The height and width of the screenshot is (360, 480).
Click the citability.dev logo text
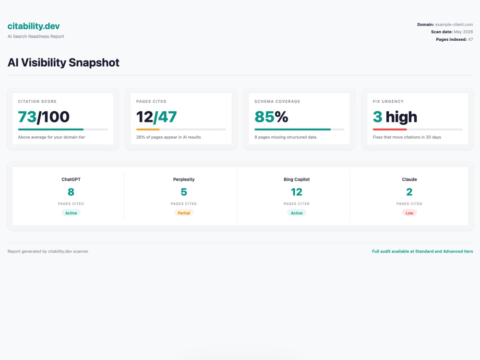tap(34, 26)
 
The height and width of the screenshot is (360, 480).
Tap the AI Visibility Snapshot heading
tap(63, 62)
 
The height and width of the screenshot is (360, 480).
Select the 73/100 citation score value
tap(44, 117)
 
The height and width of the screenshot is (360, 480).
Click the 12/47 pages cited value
tap(156, 117)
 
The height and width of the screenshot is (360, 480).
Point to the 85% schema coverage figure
tap(271, 117)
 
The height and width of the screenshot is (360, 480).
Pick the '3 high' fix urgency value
tap(395, 117)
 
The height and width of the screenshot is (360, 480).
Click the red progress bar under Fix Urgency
tap(390, 130)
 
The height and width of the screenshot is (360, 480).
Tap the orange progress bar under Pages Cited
tap(148, 130)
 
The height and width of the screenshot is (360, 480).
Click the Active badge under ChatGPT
tap(71, 213)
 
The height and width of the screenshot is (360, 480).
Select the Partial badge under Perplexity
tap(184, 213)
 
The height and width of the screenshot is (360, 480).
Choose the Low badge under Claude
tap(409, 213)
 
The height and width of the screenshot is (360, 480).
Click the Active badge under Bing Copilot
tap(297, 213)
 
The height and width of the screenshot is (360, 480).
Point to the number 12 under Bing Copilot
tap(297, 192)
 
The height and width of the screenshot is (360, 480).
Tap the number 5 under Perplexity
tap(184, 192)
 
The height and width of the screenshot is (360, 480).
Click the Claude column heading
tap(409, 180)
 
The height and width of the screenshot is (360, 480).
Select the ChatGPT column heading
tap(71, 180)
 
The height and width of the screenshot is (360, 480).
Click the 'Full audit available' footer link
tap(422, 252)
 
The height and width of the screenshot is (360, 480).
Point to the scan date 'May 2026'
tap(464, 32)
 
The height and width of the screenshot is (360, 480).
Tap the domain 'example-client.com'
tap(454, 24)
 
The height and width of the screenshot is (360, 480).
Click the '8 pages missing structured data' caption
tap(285, 137)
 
